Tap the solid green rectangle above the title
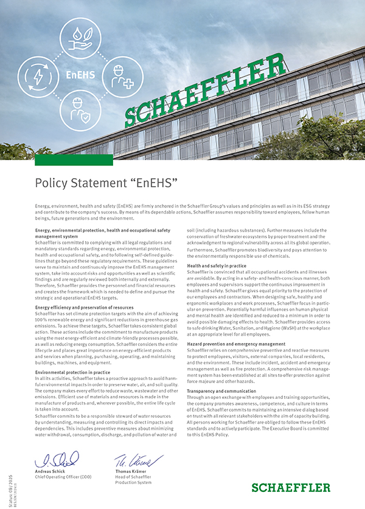(x=74, y=160)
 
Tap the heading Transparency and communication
(x=222, y=391)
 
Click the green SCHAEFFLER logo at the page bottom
(x=291, y=487)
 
